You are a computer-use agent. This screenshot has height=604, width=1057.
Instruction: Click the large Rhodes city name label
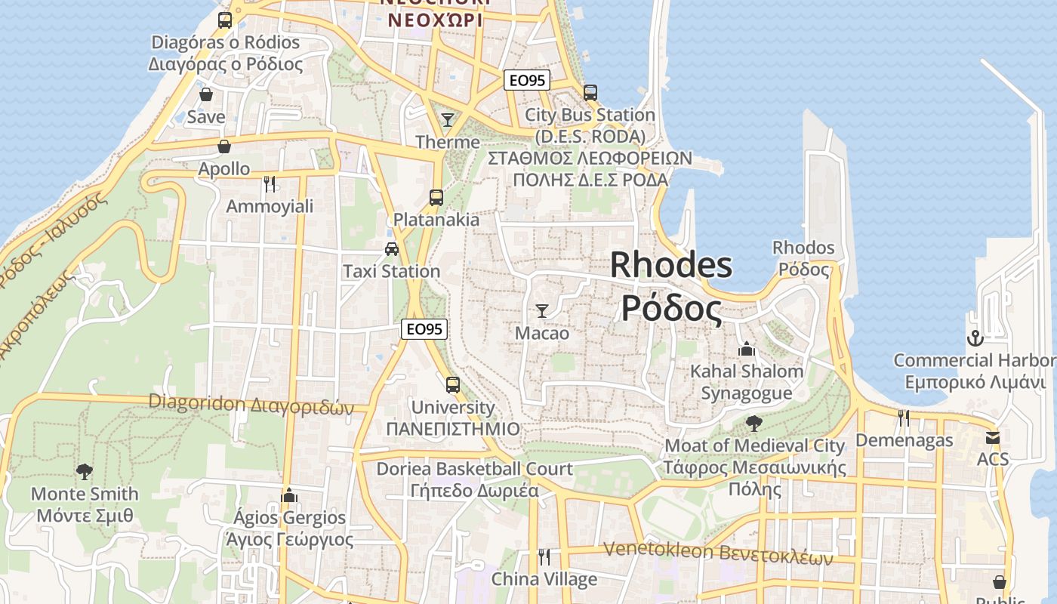click(x=670, y=287)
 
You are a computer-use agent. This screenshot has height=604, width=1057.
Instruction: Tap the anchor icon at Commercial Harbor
click(x=975, y=337)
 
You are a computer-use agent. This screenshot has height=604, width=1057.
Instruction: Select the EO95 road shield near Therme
click(x=526, y=80)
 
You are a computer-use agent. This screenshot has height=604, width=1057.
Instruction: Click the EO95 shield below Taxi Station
click(x=424, y=328)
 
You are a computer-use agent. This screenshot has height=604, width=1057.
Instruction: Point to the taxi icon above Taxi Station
click(x=391, y=249)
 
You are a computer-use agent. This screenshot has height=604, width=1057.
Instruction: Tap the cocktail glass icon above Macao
click(x=541, y=310)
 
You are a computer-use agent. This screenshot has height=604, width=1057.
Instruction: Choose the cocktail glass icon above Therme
click(x=448, y=119)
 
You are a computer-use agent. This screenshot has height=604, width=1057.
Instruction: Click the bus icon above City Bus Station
click(x=590, y=93)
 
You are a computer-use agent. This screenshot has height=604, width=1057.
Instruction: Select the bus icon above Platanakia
click(x=436, y=198)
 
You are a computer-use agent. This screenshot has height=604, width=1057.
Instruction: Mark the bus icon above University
click(x=452, y=385)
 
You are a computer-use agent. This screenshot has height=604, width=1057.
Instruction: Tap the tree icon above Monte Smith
click(x=84, y=472)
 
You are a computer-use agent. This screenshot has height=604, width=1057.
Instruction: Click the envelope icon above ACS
click(x=992, y=438)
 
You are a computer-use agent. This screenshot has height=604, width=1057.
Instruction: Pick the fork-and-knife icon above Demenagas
click(x=903, y=418)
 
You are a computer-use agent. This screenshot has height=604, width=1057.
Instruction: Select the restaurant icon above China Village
click(x=544, y=557)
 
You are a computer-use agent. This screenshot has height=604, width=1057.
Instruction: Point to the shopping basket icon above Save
click(x=205, y=95)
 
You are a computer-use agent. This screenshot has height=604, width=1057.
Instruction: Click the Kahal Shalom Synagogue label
click(x=747, y=382)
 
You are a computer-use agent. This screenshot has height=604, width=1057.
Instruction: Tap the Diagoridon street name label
click(x=251, y=404)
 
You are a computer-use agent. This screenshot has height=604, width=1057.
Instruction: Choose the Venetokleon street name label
click(x=718, y=554)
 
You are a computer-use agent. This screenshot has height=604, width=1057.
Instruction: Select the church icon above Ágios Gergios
click(x=288, y=495)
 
